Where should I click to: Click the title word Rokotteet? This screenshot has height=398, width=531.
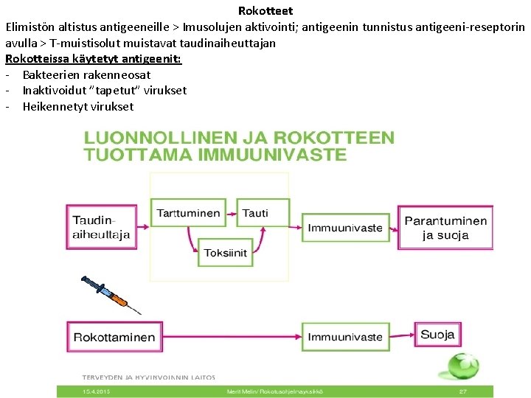point(265,10)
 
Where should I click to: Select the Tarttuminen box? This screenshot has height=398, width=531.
point(189,213)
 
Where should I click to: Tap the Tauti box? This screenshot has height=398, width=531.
point(255,213)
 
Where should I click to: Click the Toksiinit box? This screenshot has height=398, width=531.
point(226,252)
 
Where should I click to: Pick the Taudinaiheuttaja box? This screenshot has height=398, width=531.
point(102,227)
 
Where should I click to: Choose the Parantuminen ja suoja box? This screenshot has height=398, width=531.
point(445,228)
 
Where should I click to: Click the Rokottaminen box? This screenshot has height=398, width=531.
point(114,338)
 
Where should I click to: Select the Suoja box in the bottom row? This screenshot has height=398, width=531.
point(437,335)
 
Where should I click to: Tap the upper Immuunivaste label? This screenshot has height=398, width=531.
point(345,228)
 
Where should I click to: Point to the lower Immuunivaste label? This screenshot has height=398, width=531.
point(345,338)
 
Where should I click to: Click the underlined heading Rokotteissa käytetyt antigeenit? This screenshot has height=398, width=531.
point(94,58)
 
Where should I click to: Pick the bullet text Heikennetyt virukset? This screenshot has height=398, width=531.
point(78,106)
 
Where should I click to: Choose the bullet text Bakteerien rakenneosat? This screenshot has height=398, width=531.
point(86,74)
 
